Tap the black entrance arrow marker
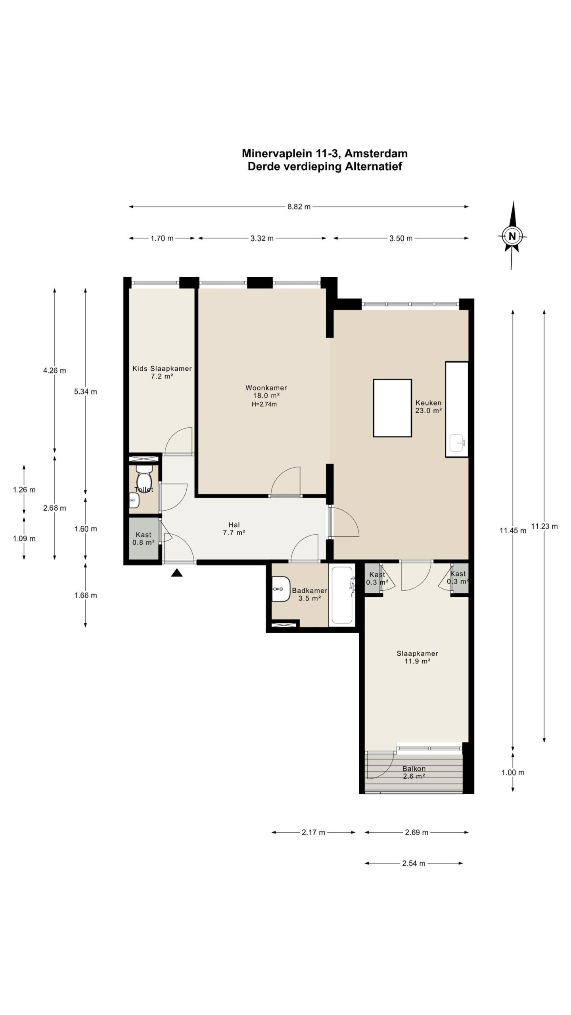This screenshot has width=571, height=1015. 177,573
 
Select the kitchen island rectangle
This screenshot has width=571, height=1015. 392,408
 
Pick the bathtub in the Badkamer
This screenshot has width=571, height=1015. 342,595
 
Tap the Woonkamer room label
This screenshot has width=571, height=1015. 266,388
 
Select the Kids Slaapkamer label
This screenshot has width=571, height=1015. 162,369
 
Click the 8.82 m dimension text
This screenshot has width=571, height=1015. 299,207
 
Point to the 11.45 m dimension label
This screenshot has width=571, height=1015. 513,530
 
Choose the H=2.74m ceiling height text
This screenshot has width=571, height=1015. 264,404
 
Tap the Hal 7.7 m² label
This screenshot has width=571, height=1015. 234,529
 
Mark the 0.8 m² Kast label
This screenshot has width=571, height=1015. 144,542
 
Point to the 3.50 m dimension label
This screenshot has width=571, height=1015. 401,238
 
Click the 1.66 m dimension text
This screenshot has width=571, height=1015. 86,595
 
